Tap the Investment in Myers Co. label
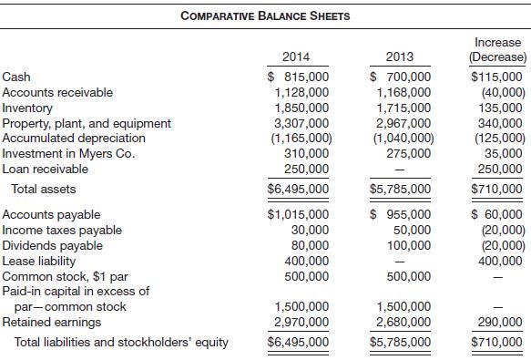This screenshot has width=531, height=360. (x=69, y=153)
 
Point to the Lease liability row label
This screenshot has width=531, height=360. (x=41, y=261)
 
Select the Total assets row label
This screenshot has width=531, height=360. (x=43, y=190)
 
